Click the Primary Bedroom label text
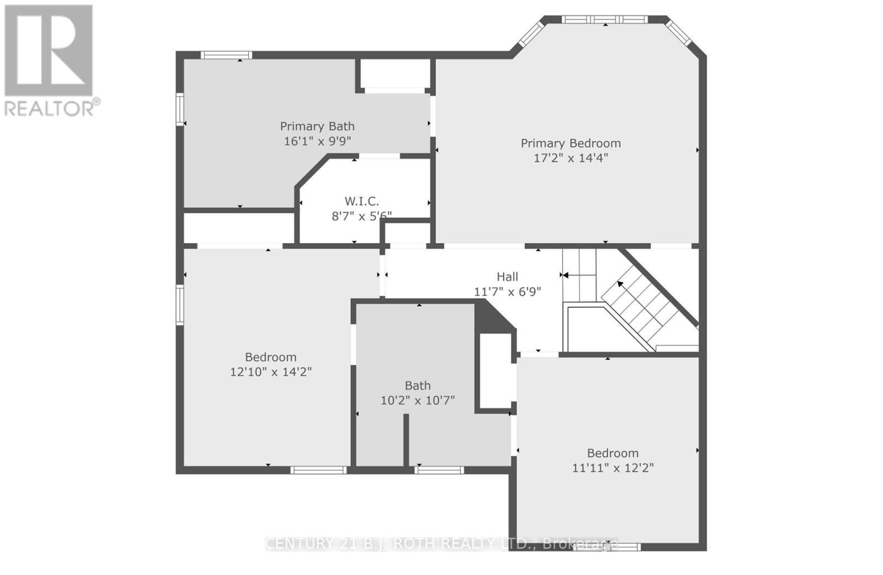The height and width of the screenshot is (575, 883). coord(571,143)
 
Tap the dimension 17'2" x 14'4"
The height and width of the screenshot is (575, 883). coord(571,158)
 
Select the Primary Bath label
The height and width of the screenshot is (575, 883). coord(317,126)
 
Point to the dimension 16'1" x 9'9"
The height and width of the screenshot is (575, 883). coord(317,141)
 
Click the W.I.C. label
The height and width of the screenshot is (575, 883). coord(361,201)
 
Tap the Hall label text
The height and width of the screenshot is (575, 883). coord(507,277)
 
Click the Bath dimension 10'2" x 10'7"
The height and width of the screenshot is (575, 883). coord(417,401)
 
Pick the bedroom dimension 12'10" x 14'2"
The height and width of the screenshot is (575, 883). coord(270,372)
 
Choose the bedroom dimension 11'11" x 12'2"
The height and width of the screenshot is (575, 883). coord(613,468)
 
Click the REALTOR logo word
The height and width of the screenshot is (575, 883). coord(52,108)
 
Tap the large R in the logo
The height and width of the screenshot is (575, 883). coord(49,50)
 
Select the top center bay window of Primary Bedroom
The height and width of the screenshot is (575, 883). coord(605,20)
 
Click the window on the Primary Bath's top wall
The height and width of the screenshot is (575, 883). coord(226,55)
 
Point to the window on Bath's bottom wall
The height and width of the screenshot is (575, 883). coord(439,470)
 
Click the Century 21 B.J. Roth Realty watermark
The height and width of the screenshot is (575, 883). coord(441,544)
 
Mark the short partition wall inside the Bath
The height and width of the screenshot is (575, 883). coord(406,440)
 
